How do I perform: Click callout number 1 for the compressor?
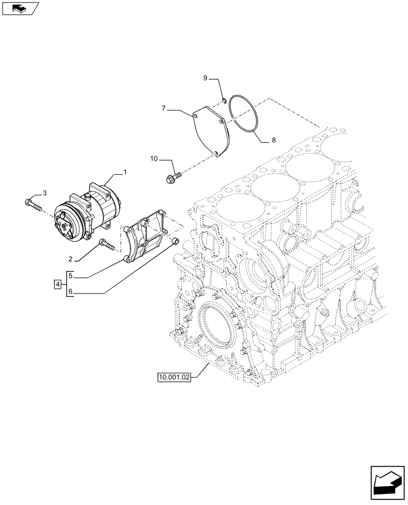coord(125,173)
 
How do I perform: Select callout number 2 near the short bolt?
coord(71,259)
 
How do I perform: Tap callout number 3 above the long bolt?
coord(44,193)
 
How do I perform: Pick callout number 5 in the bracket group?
coord(71,276)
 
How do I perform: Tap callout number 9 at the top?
coord(206,78)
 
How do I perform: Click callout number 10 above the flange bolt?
coord(155,160)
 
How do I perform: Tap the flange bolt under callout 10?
coord(173,176)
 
